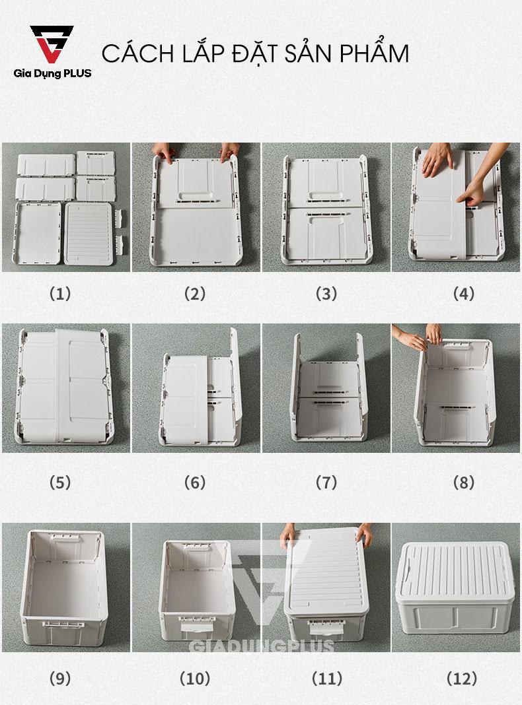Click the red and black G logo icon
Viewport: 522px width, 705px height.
[51, 44]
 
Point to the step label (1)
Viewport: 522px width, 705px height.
[60, 294]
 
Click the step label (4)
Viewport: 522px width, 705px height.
[463, 294]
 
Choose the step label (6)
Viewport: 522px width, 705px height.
[195, 483]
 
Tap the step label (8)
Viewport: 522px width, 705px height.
[463, 483]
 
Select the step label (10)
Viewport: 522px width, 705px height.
[195, 678]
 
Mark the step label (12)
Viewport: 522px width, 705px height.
[462, 678]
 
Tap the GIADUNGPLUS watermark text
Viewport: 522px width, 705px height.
[262, 646]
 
